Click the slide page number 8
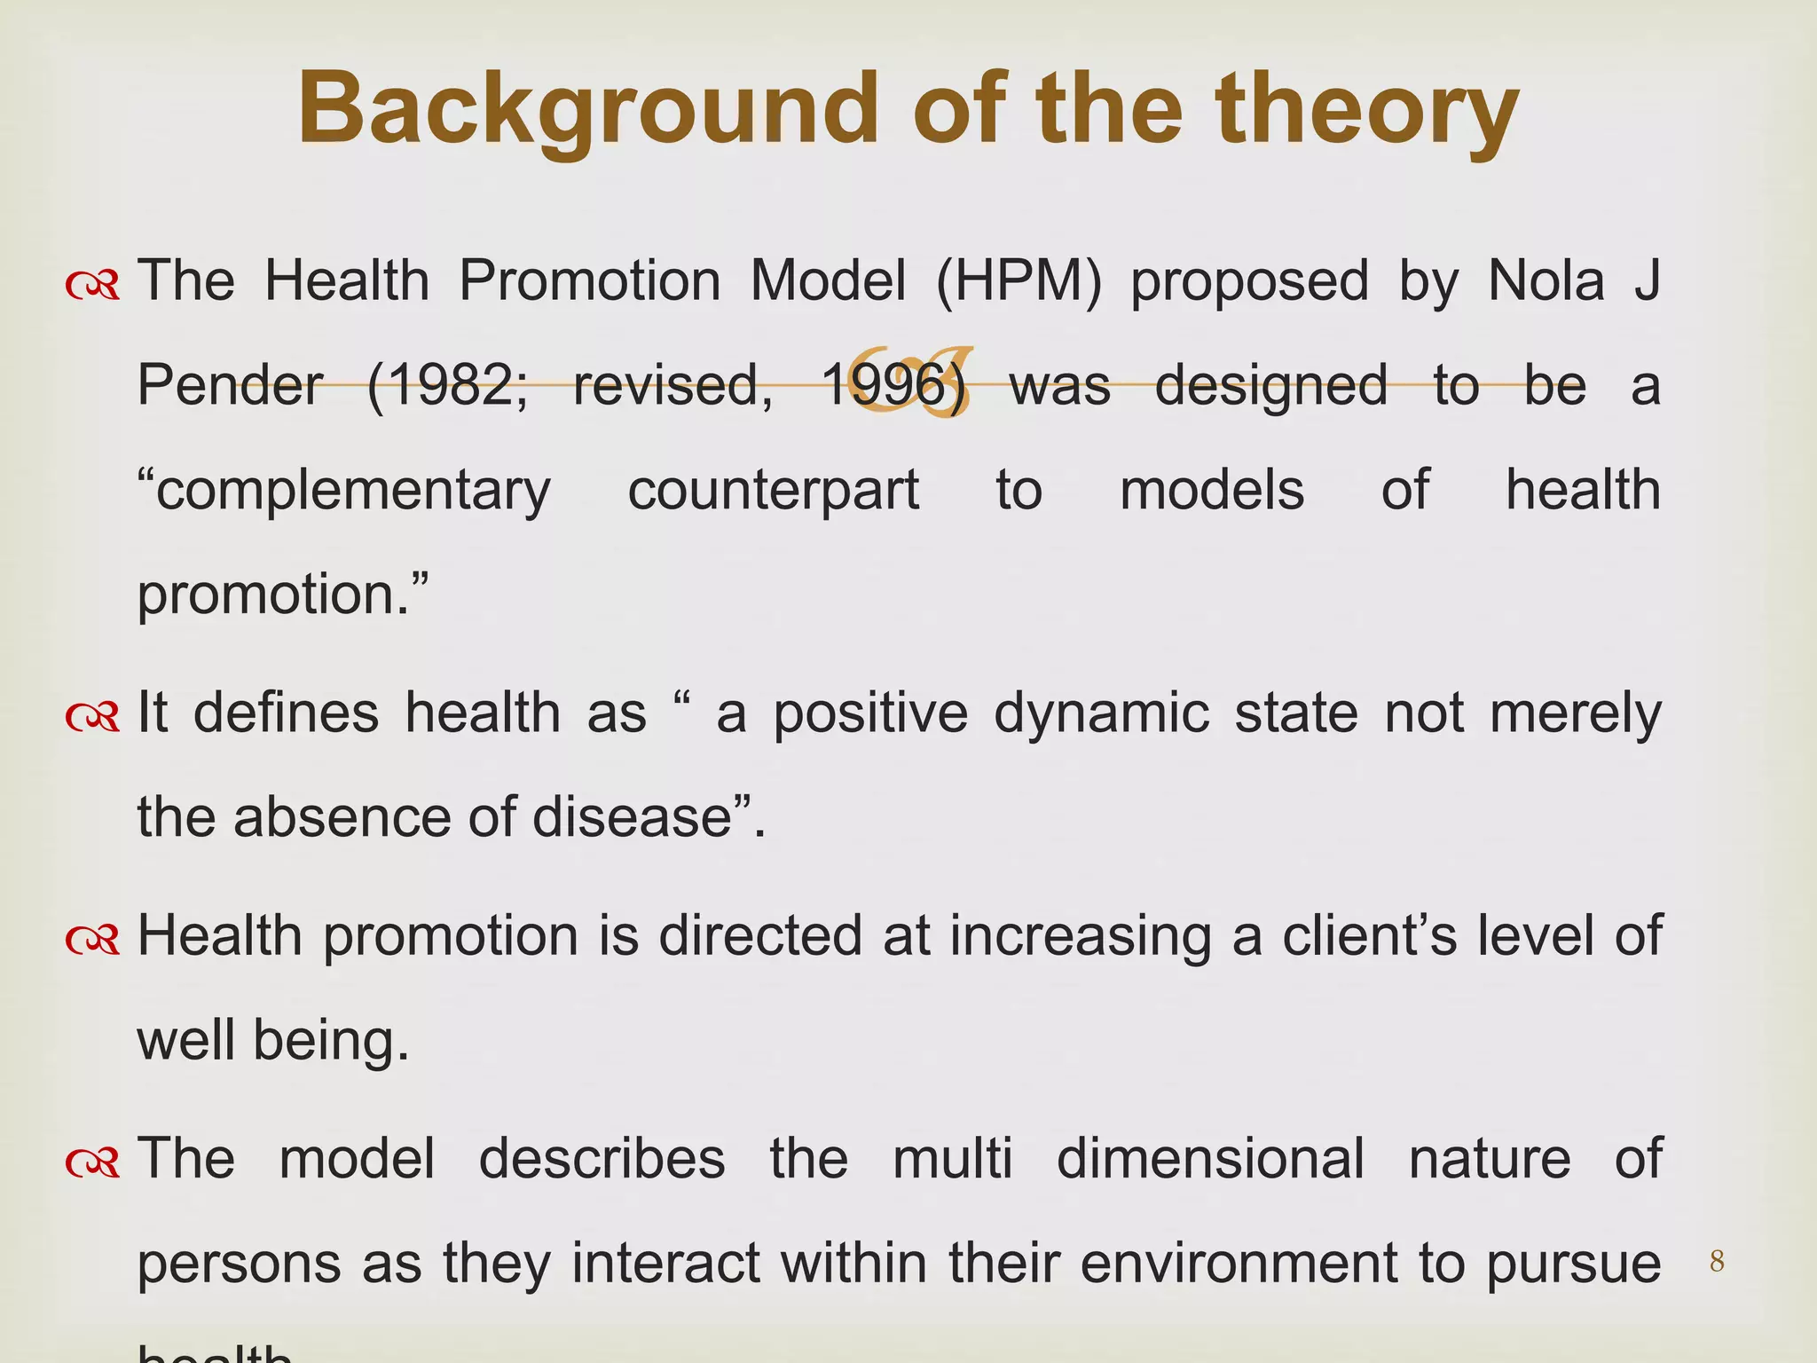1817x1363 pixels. tap(1717, 1261)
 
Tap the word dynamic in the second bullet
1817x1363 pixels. tap(1101, 714)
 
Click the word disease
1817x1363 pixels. tap(631, 818)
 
